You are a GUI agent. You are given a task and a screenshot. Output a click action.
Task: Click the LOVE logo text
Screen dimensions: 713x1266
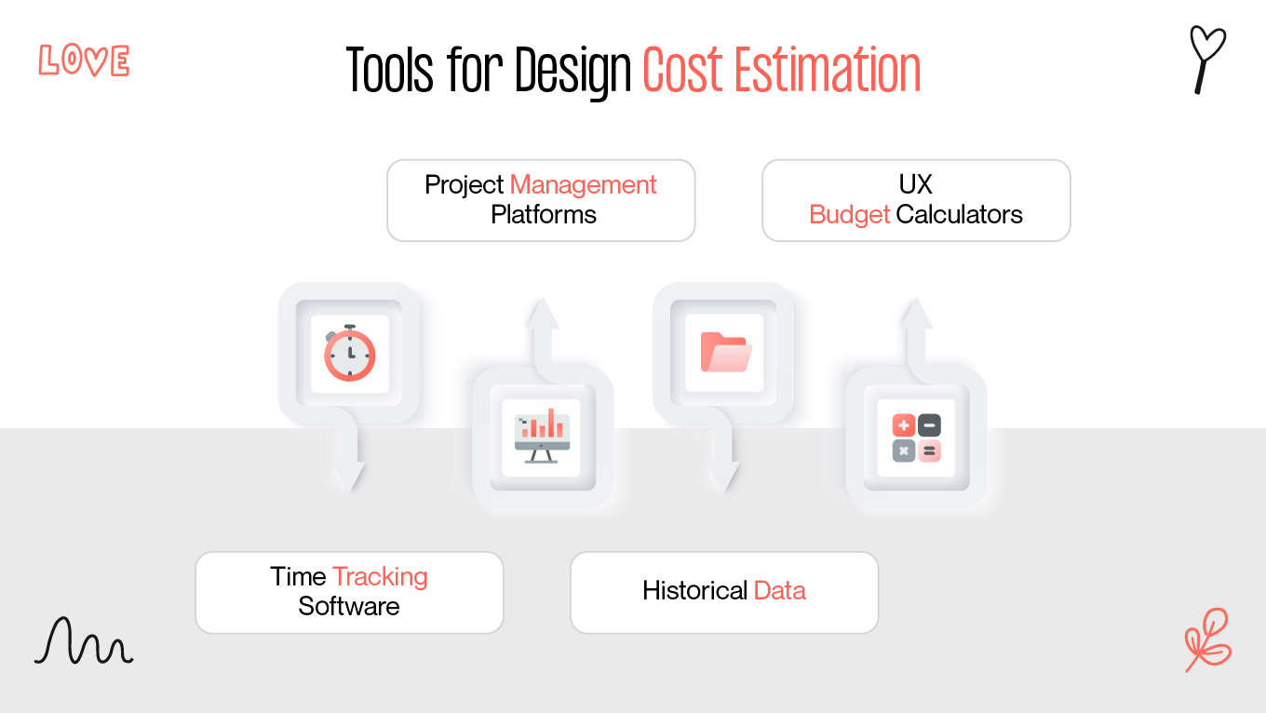84,61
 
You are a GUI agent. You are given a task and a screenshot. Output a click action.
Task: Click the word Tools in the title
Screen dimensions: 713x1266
390,71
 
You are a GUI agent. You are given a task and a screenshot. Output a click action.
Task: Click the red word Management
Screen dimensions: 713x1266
583,184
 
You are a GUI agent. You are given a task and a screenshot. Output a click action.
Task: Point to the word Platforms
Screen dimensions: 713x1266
543,214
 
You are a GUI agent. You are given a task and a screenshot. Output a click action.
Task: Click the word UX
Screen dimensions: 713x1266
915,184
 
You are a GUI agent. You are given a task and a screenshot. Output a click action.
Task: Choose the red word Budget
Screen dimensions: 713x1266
849,214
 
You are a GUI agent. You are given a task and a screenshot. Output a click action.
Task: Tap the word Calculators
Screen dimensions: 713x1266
959,214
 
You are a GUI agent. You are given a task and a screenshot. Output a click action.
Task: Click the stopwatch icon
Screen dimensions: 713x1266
350,354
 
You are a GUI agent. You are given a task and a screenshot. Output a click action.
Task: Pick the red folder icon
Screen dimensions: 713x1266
725,352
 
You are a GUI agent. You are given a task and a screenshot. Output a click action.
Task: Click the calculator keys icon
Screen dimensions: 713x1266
916,438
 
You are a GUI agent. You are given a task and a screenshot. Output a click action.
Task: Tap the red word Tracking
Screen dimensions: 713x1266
380,576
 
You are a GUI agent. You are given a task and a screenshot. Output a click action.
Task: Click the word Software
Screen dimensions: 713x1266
349,606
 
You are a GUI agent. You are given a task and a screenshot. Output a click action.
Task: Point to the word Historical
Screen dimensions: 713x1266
694,590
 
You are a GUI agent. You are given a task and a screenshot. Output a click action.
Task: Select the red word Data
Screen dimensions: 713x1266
779,590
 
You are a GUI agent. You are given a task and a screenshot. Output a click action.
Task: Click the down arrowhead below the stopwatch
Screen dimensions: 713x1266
350,476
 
